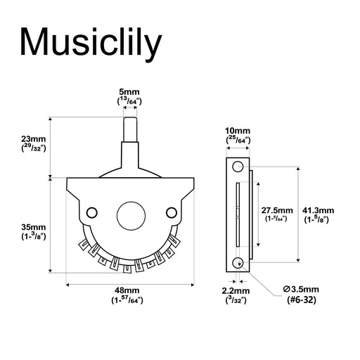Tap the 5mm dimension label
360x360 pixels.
pyautogui.click(x=129, y=91)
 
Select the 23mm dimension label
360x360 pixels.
pyautogui.click(x=34, y=139)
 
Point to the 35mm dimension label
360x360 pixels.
pyautogui.click(x=34, y=227)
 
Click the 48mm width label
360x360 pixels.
pyautogui.click(x=127, y=290)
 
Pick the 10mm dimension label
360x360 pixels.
pyautogui.click(x=238, y=131)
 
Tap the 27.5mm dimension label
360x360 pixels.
pyautogui.click(x=277, y=210)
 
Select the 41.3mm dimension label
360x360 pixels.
pyautogui.click(x=318, y=210)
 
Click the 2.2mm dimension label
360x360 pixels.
pyautogui.click(x=236, y=291)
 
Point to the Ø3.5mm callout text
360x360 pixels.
pyautogui.click(x=301, y=289)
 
